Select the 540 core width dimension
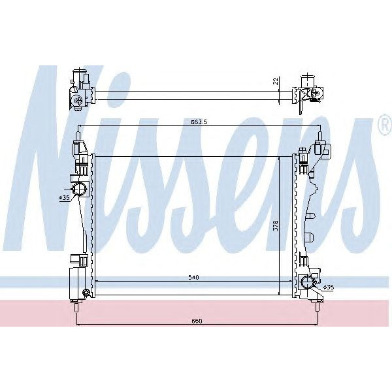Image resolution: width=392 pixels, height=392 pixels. [193, 278]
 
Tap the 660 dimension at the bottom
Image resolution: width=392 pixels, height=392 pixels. [197, 320]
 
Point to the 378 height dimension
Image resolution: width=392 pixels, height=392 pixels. [276, 225]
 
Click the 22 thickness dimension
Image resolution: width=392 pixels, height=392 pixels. [276, 81]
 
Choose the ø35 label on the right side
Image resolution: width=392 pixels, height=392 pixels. [328, 287]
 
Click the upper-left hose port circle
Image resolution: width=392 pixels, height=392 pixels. [80, 190]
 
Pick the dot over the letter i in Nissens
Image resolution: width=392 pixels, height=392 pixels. [128, 88]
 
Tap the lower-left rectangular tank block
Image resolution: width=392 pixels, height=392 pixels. [76, 282]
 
